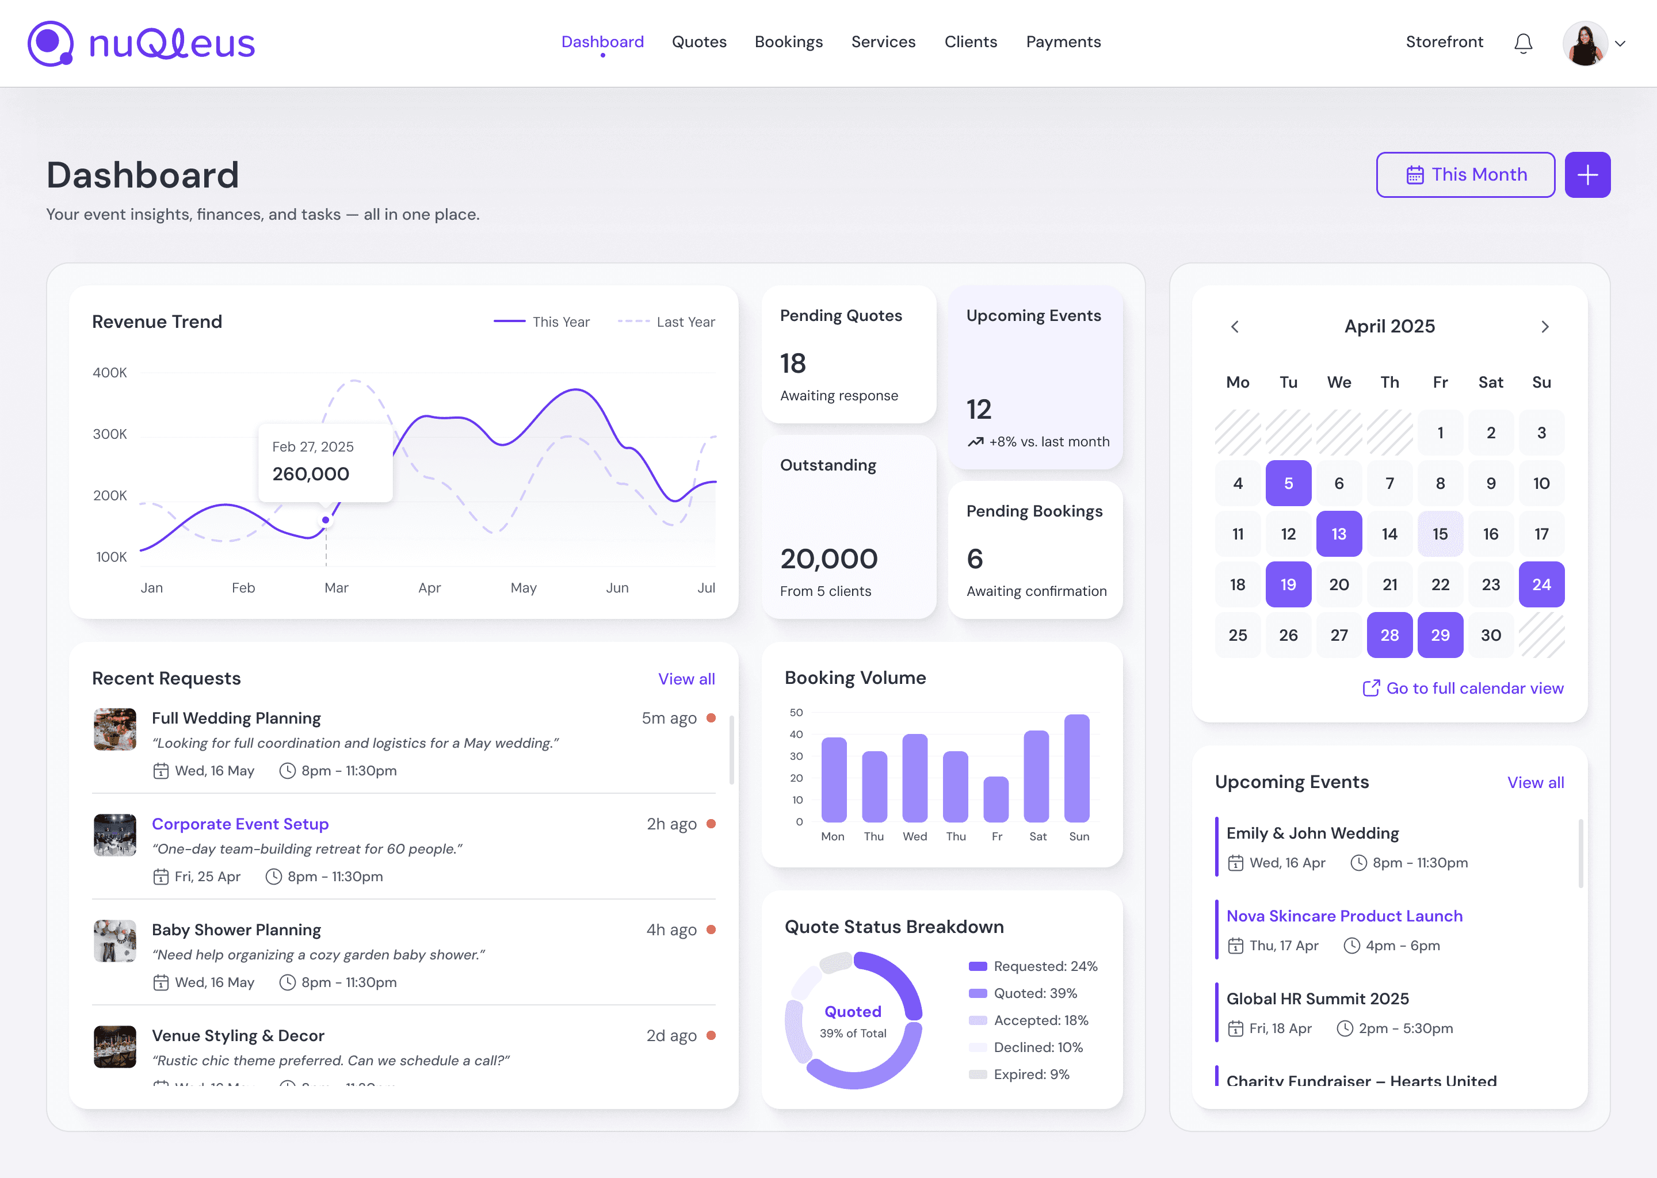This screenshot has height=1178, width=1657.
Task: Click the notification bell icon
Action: (x=1523, y=44)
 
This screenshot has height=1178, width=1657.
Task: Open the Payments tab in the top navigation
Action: (x=1063, y=42)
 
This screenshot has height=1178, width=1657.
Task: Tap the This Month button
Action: (x=1465, y=175)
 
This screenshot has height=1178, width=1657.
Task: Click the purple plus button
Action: (x=1587, y=175)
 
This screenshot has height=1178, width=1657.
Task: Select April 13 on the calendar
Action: (x=1338, y=534)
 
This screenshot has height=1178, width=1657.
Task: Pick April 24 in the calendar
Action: (x=1541, y=584)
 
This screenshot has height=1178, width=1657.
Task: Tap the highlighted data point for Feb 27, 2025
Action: (x=326, y=520)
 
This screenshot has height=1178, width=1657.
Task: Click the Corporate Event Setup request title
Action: (x=240, y=824)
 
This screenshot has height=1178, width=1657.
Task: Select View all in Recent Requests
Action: (x=686, y=679)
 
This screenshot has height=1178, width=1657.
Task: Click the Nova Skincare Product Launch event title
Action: (x=1343, y=916)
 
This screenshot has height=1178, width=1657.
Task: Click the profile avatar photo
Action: (x=1584, y=44)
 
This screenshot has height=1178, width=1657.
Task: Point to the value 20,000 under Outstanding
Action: (x=828, y=559)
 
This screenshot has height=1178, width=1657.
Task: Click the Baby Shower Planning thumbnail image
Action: (x=114, y=941)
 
